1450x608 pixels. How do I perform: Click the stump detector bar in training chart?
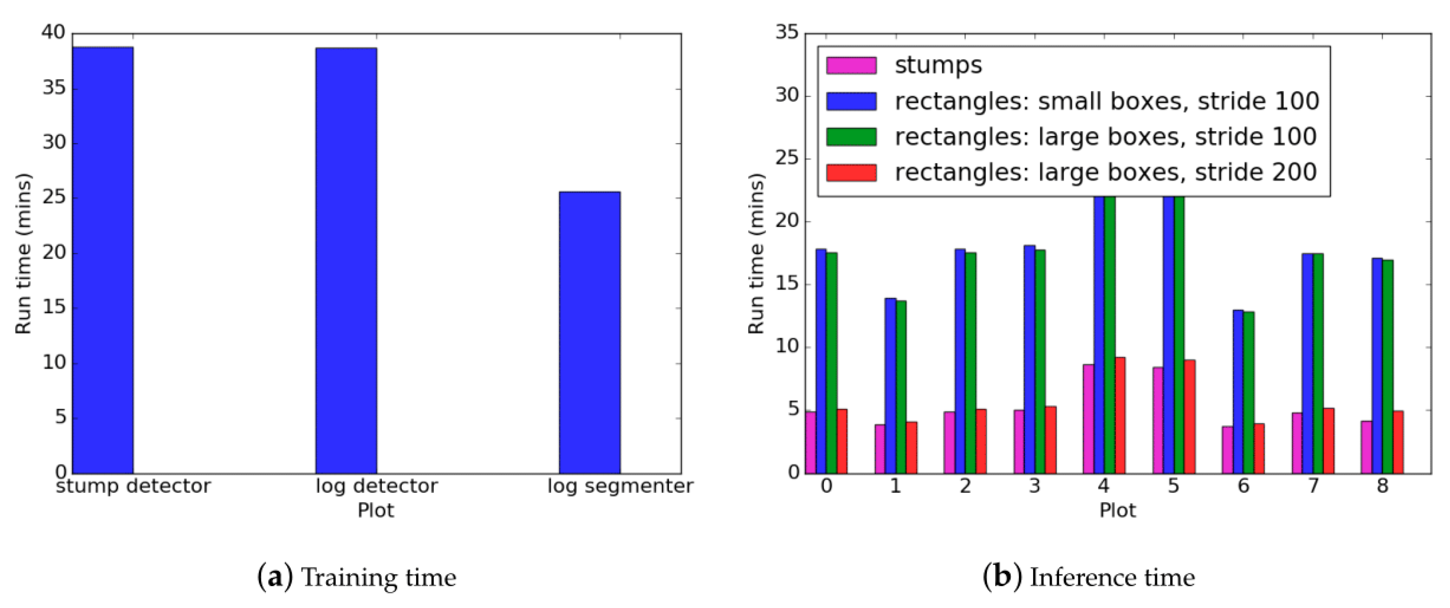point(103,260)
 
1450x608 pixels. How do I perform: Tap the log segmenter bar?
point(589,332)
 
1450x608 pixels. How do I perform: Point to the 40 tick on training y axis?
point(53,33)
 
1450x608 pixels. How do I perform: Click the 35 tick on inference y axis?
point(787,33)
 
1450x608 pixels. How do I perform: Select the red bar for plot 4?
point(1120,415)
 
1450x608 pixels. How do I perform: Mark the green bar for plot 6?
point(1249,392)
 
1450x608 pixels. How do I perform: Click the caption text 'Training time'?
point(378,577)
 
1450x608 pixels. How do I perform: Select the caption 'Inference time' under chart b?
point(1112,577)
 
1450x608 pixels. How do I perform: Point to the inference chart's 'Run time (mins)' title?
point(756,253)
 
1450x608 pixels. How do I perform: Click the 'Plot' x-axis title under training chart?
point(375,510)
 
